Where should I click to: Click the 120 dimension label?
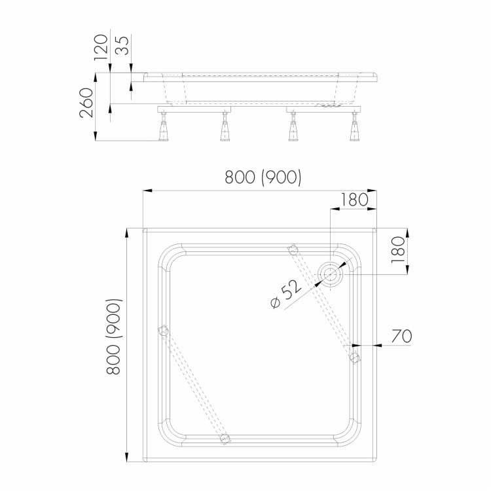coord(101,47)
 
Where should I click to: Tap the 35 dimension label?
coord(122,45)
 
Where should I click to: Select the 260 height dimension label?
coord(86,103)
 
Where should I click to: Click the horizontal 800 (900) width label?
coord(263,177)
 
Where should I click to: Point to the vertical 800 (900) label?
coord(113,336)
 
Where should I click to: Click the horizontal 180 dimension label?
coord(354,200)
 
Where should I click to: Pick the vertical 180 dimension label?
coord(398,249)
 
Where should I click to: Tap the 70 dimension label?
coord(401,336)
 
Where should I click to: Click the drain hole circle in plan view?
coord(331,274)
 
